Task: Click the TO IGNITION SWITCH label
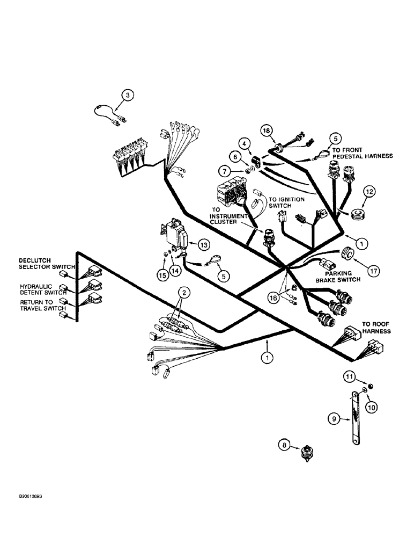pos(286,202)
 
